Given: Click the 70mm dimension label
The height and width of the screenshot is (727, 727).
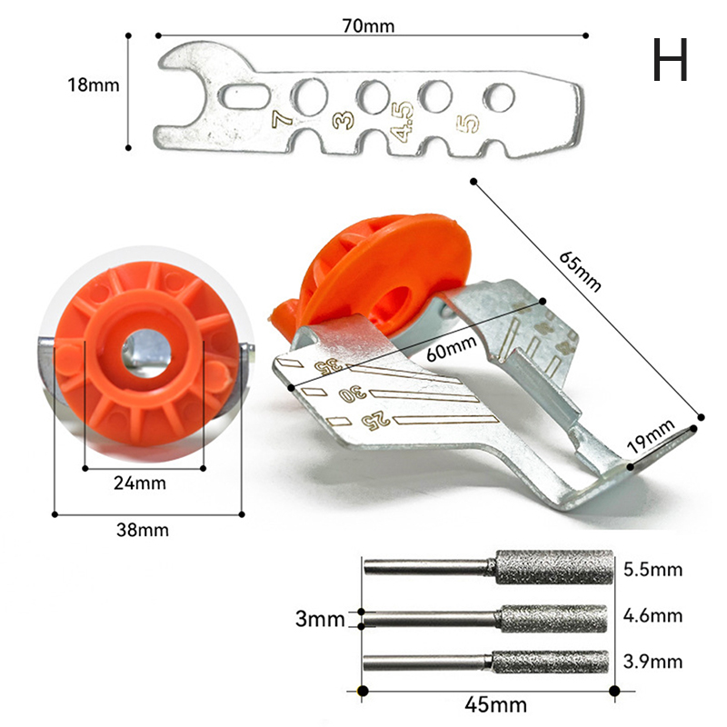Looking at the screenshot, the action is click(369, 26).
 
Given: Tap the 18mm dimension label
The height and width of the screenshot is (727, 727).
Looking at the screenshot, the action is click(94, 85).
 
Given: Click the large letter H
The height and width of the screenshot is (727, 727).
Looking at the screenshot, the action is click(670, 60).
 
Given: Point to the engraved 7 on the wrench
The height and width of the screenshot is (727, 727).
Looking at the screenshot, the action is click(282, 118).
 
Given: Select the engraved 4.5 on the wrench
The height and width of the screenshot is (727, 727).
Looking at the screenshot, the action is click(402, 122).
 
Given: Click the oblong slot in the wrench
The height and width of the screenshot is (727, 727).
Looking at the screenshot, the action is click(244, 96).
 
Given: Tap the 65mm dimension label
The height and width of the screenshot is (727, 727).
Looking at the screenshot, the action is click(580, 271).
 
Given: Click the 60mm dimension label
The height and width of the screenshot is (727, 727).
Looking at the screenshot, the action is click(451, 348).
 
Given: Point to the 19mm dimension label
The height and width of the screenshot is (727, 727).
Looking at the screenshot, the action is click(651, 436).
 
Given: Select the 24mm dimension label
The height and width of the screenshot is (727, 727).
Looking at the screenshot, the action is click(140, 483).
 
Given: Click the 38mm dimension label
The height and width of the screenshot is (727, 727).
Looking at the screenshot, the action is click(143, 530).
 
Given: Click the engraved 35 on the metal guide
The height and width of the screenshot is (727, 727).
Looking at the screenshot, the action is click(328, 366).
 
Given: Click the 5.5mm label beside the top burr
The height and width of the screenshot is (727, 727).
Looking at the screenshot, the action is click(652, 570).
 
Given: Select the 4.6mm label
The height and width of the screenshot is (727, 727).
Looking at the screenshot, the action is click(652, 616).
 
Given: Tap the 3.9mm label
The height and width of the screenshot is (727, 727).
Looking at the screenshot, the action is click(652, 662).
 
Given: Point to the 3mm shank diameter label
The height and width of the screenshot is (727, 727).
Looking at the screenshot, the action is click(321, 620).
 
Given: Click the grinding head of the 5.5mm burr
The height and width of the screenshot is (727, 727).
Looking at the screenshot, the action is click(554, 567).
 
